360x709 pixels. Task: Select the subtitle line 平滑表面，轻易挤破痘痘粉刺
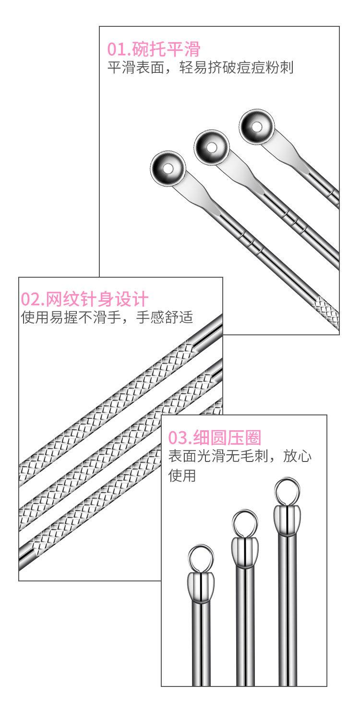(200, 67)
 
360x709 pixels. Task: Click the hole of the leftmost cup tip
(168, 168)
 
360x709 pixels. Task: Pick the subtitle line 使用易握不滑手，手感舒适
(107, 318)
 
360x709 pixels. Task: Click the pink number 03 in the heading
(177, 438)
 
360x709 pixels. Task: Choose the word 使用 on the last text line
(182, 476)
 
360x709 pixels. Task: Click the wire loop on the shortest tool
(201, 558)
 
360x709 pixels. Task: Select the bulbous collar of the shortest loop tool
(201, 586)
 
